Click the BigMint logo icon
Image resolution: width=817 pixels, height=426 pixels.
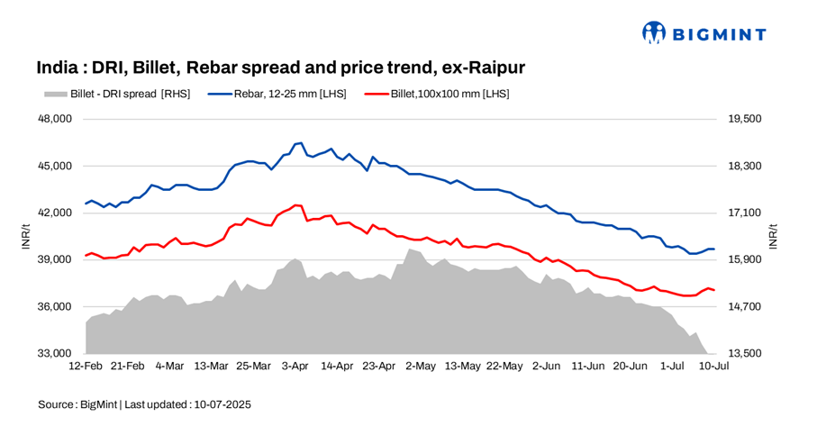click(x=654, y=33)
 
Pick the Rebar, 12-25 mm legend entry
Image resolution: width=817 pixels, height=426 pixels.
click(x=275, y=94)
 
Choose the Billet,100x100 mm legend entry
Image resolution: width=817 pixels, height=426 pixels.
click(x=442, y=94)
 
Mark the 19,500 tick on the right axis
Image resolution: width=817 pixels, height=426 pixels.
click(x=745, y=119)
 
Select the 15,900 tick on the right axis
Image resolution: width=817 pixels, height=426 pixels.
click(x=745, y=259)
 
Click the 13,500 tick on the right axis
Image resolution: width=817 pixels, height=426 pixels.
click(x=745, y=353)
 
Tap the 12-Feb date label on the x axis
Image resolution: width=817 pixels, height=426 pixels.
click(x=86, y=367)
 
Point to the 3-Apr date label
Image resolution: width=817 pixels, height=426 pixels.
click(x=295, y=367)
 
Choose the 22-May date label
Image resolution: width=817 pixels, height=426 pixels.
click(x=504, y=367)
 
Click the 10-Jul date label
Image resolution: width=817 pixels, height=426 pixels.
click(x=713, y=367)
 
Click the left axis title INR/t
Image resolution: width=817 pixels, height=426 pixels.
click(x=26, y=236)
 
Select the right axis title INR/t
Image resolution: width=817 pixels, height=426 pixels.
click(x=774, y=236)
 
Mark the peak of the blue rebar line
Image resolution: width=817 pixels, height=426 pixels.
click(x=301, y=142)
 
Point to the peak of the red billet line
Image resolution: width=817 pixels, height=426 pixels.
click(x=297, y=205)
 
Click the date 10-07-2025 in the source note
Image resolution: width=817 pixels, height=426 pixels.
click(x=222, y=404)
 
